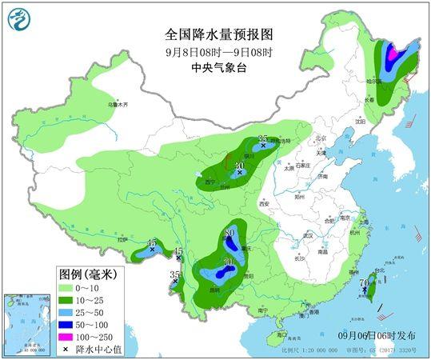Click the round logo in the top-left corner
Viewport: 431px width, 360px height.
pos(22,18)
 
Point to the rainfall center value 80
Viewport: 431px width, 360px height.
pos(229,233)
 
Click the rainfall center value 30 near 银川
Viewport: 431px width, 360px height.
pos(239,166)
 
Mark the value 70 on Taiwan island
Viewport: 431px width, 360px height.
pos(364,282)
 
